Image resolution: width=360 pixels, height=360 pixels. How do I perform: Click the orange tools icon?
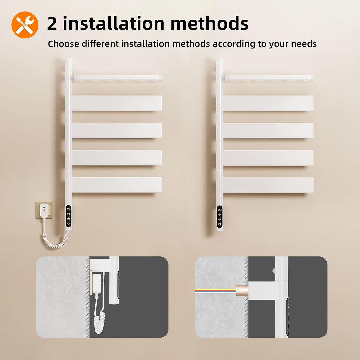(x=25, y=25)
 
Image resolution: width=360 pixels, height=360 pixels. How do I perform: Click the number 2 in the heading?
(x=52, y=24)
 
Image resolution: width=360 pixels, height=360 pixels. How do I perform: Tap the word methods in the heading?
(x=209, y=23)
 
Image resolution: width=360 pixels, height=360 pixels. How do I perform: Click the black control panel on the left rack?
(x=68, y=216)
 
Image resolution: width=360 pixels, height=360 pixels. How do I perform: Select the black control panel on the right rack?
(x=219, y=217)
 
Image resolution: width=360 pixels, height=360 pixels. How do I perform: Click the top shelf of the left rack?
(x=118, y=78)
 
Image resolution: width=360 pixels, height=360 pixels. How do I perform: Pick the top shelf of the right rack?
(x=269, y=78)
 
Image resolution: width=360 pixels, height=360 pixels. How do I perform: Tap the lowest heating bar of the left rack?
(x=117, y=185)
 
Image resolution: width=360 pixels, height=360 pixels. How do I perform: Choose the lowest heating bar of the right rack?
(x=268, y=185)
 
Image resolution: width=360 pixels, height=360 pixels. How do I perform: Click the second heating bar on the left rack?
(x=117, y=130)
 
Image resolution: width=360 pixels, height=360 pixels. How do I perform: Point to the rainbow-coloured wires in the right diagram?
(x=216, y=290)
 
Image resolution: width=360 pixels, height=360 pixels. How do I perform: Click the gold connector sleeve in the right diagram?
(x=242, y=291)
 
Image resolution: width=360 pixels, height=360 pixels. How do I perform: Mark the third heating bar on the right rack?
(x=268, y=158)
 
